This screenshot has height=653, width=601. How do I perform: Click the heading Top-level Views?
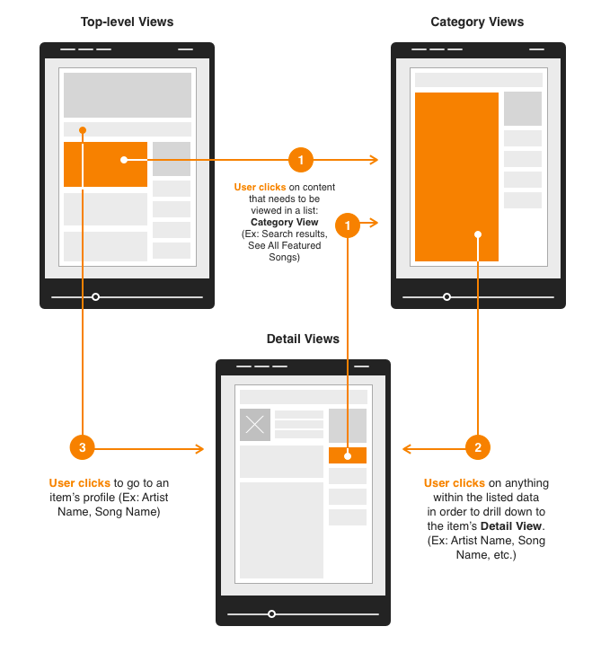[127, 22]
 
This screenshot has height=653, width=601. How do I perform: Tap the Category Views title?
[477, 22]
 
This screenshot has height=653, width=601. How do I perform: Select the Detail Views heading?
[303, 339]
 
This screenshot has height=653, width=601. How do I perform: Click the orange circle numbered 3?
[83, 447]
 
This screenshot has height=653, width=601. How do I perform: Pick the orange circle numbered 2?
[478, 447]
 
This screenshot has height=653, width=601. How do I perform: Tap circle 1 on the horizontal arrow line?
[301, 160]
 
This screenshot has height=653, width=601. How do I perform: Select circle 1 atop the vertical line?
[348, 225]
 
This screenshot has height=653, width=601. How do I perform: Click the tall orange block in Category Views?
[456, 177]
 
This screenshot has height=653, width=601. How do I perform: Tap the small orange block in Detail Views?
[348, 455]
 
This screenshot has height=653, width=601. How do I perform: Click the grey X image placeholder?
[255, 425]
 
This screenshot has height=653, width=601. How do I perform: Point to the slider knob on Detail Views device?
[271, 613]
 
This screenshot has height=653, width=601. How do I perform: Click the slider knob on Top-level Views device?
[95, 297]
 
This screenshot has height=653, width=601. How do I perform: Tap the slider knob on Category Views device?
[446, 297]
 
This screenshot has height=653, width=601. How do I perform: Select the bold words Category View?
[285, 222]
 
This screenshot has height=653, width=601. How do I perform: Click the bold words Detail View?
[511, 526]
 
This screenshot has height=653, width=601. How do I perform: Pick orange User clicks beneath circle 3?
[80, 483]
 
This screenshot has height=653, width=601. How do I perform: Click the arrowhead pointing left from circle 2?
[407, 448]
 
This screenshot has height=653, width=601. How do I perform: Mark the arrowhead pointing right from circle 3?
[199, 448]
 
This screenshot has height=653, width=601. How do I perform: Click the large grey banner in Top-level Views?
[128, 95]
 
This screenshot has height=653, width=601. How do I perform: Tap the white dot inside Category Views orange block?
[478, 234]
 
